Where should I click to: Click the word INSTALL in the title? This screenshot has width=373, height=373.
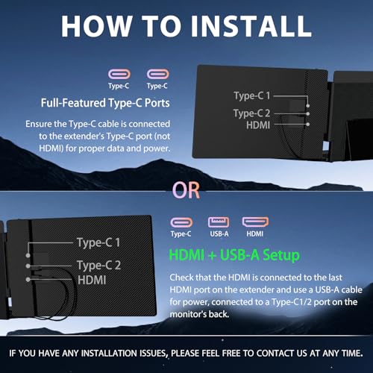pyautogui.click(x=251, y=26)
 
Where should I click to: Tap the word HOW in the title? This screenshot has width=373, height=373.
pyautogui.click(x=96, y=26)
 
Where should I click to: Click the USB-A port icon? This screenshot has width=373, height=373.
pyautogui.click(x=219, y=222)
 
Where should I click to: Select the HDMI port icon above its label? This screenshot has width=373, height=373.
pyautogui.click(x=255, y=222)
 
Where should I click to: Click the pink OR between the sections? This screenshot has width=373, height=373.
pyautogui.click(x=186, y=190)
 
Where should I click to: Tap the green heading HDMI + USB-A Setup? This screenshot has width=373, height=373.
pyautogui.click(x=234, y=255)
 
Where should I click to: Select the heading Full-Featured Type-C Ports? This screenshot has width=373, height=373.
pyautogui.click(x=105, y=103)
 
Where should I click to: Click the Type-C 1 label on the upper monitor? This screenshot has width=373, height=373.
pyautogui.click(x=251, y=95)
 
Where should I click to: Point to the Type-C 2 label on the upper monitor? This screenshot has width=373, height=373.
pyautogui.click(x=251, y=113)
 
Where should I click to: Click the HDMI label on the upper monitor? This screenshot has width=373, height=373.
pyautogui.click(x=258, y=125)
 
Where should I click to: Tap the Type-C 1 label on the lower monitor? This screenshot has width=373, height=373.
pyautogui.click(x=98, y=242)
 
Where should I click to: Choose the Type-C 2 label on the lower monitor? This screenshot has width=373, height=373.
pyautogui.click(x=98, y=265)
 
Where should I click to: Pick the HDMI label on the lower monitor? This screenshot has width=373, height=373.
pyautogui.click(x=92, y=280)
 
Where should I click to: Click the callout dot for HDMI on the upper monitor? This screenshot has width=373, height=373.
pyautogui.click(x=308, y=124)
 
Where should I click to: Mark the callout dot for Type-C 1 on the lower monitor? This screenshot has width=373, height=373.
pyautogui.click(x=28, y=255)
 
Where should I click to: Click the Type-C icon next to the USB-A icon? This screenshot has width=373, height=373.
pyautogui.click(x=181, y=222)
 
